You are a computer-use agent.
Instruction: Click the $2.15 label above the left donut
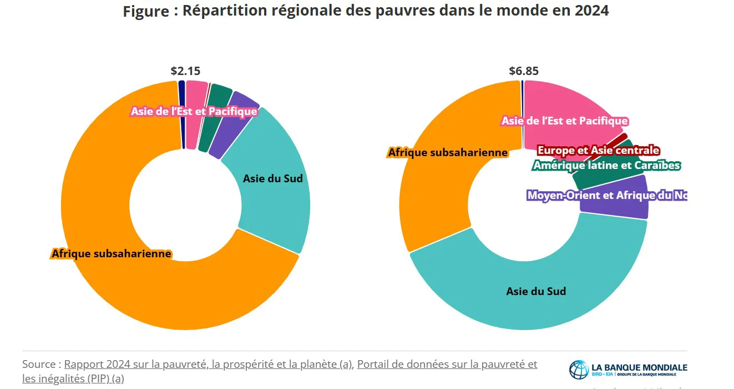click(185, 71)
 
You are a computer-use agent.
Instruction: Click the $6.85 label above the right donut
click(524, 71)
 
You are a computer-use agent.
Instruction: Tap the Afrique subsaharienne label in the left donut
click(112, 253)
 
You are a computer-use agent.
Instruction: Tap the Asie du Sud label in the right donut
click(536, 291)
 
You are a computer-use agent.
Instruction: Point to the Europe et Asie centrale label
click(598, 150)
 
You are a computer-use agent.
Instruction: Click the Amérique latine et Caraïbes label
click(606, 165)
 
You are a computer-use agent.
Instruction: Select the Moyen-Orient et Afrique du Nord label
click(606, 195)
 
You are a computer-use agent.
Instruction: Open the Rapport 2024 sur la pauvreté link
click(208, 365)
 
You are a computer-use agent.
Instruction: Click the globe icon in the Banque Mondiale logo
click(579, 370)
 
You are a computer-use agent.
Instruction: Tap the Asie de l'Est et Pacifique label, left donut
click(194, 111)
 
